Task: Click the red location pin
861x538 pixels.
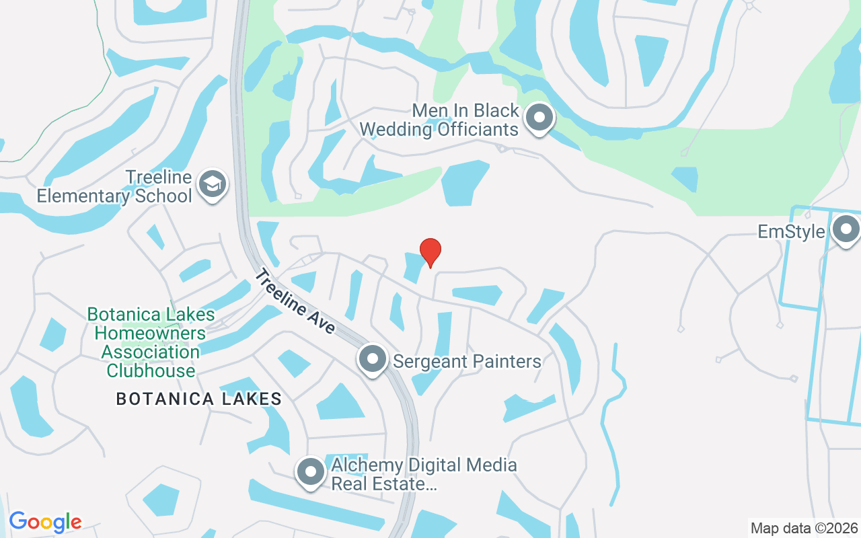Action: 430,252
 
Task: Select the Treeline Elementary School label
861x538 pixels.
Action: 114,188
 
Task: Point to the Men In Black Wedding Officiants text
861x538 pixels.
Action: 439,120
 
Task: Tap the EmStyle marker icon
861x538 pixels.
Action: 846,231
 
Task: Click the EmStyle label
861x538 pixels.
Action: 791,232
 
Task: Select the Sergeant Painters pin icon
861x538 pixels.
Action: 372,359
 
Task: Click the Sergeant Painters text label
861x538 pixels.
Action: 467,361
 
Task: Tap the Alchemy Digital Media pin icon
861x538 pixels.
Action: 311,472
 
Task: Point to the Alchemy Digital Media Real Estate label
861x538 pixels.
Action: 424,474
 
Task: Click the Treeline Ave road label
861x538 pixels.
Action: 295,301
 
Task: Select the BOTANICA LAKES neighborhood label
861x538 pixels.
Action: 199,399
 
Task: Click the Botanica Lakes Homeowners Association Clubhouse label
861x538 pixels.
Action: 151,342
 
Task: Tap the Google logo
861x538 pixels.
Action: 45,522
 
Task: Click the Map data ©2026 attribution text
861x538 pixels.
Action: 804,528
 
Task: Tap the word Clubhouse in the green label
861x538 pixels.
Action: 151,371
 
